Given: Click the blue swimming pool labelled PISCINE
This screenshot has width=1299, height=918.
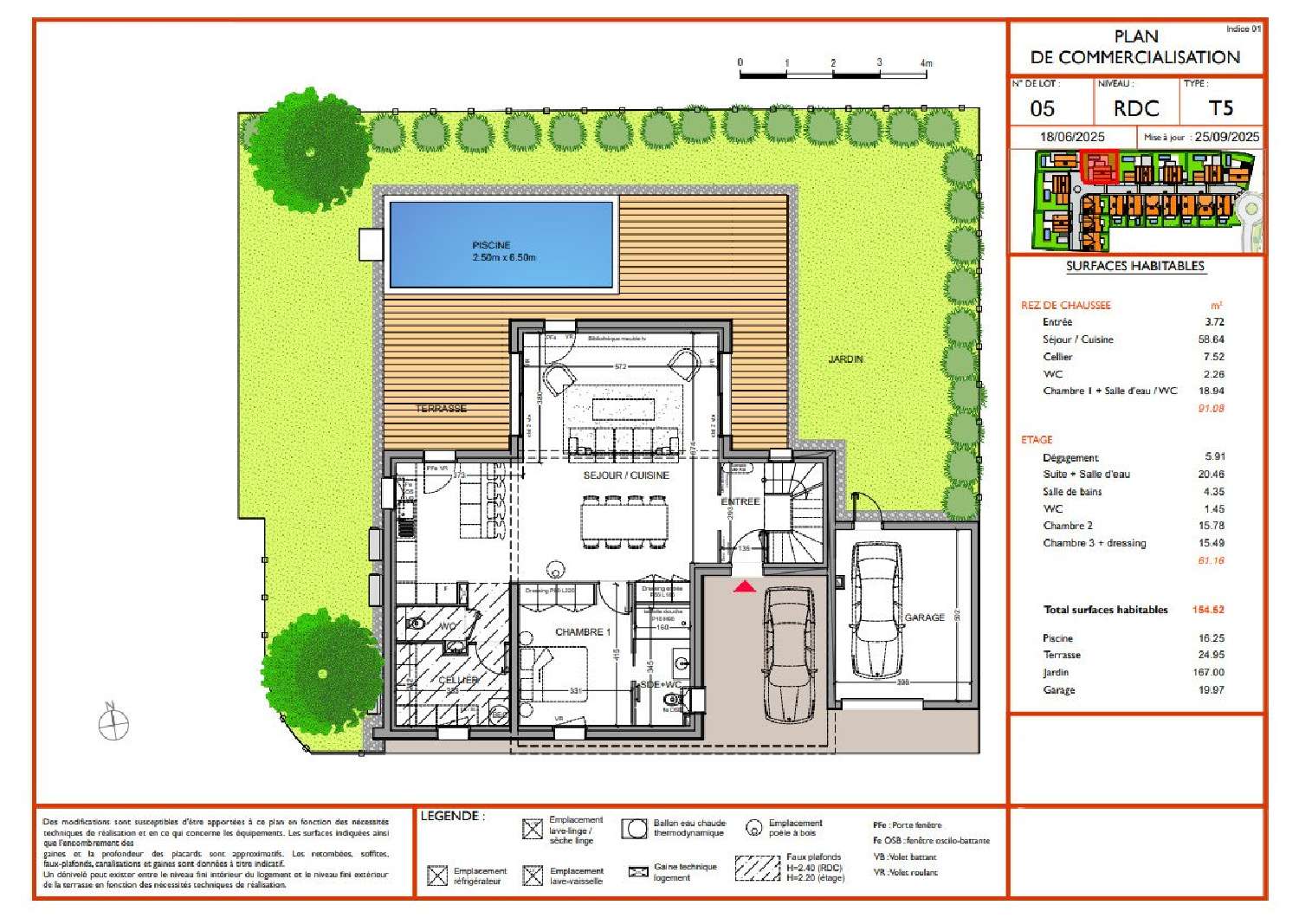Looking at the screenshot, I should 502,244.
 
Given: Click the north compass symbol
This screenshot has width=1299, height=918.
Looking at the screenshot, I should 113,723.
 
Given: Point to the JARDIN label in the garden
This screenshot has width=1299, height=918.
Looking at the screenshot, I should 845,359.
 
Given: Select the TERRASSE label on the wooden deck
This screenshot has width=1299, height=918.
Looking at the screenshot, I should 442,408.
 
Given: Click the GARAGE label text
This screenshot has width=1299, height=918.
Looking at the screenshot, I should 924,617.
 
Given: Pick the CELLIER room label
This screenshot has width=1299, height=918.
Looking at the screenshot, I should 457,680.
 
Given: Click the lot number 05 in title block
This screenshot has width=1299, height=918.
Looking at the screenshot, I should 1043,109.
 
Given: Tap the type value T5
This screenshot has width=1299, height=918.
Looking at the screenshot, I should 1220,108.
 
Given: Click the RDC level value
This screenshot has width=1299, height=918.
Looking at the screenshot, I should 1135,109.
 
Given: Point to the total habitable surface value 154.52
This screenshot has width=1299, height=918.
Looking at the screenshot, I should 1208,610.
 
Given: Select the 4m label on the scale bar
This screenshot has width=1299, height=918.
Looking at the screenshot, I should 926,63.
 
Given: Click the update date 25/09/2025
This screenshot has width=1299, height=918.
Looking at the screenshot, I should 1227,137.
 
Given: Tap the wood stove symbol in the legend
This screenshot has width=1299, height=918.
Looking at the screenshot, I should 754,828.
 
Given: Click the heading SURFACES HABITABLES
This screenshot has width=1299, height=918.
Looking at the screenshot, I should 1135,266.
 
